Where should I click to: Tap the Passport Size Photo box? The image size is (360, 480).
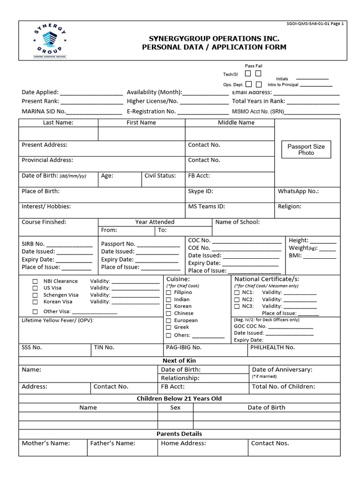pos(306,150)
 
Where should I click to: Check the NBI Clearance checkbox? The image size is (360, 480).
pos(35,281)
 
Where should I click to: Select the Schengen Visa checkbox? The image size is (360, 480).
pos(35,295)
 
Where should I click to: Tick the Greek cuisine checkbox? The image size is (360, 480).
pos(169,327)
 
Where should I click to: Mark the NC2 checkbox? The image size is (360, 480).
pos(237,300)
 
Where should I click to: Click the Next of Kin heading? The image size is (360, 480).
pos(179,360)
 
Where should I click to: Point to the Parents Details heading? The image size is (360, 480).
pos(179,434)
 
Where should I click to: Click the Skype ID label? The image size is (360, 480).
pos(201,191)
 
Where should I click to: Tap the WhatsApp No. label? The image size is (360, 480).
pos(298,191)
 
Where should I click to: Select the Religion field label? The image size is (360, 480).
pos(290,206)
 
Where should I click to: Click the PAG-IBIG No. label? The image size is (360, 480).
pos(184,347)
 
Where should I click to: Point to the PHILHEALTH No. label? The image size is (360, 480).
pos(272,347)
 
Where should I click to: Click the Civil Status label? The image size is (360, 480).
pos(160,176)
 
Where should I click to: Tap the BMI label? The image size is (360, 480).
pos(295,256)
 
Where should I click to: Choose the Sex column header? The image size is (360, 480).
pos(175,407)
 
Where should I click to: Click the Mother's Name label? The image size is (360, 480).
pos(46,443)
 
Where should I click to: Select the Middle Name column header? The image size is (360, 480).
pos(236,122)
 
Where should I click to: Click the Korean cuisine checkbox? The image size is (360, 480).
pos(169,306)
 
